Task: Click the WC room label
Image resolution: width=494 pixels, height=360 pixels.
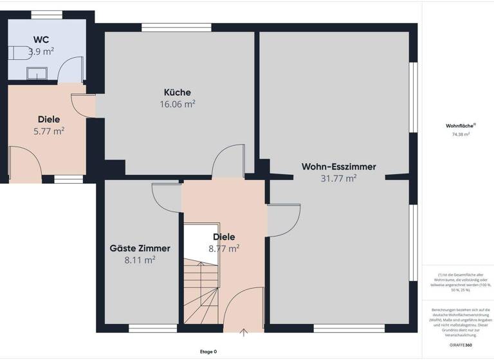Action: point(41,39)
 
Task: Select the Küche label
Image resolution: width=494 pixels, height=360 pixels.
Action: point(177,93)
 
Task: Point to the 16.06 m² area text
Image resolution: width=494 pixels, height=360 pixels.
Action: point(177,104)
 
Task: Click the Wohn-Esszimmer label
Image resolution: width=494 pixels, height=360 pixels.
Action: point(338,167)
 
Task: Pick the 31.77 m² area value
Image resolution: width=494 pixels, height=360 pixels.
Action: point(338,179)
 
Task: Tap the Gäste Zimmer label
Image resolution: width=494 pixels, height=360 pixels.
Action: point(140,249)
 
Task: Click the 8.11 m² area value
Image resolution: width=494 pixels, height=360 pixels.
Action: point(140,260)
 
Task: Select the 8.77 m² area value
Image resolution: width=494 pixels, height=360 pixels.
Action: point(224,248)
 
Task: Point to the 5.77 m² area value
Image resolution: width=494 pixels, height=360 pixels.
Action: point(49,130)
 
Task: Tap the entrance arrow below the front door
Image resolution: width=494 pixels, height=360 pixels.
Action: point(244,333)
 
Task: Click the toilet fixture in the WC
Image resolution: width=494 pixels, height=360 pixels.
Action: point(18,55)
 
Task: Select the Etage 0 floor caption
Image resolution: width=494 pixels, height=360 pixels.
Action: point(208,352)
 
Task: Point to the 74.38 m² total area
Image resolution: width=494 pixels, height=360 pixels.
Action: point(461,134)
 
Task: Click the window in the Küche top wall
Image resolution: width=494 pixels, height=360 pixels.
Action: point(176,27)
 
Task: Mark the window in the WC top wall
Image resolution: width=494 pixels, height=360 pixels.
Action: point(46,15)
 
